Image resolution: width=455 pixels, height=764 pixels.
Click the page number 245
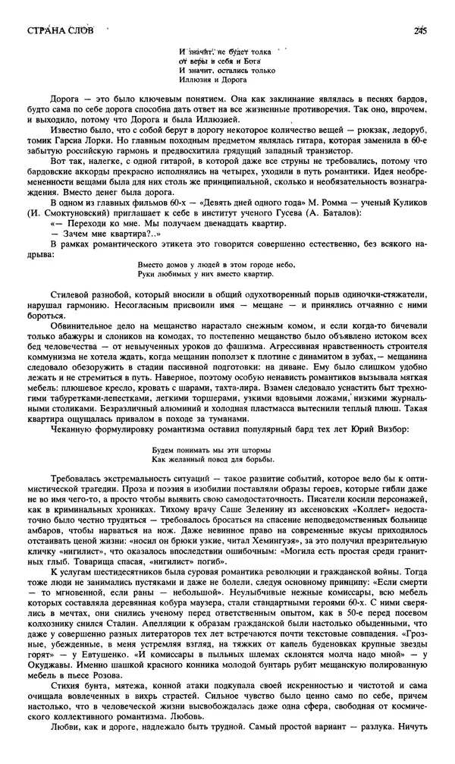(422, 30)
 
